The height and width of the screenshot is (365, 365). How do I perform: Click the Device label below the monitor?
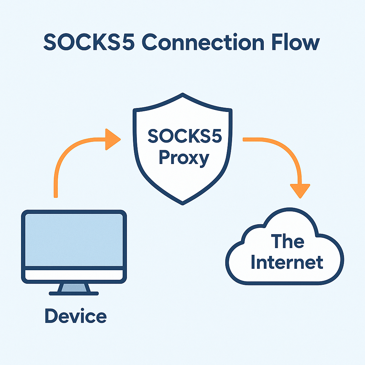click(x=76, y=316)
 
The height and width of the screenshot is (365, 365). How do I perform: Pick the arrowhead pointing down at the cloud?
click(x=300, y=191)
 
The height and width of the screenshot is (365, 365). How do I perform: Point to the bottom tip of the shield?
click(x=182, y=203)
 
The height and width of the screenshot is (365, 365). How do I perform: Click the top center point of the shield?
click(x=182, y=95)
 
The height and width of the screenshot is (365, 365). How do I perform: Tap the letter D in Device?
click(x=51, y=316)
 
